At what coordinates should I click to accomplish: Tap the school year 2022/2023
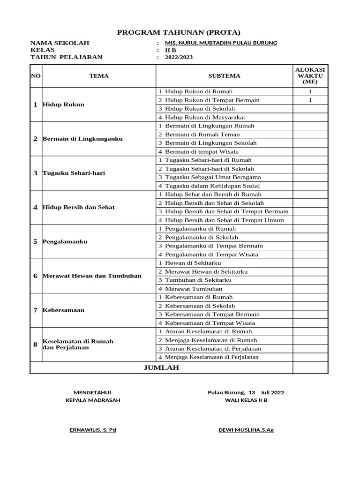coord(179,57)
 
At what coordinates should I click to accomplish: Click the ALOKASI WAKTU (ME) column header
coord(310,75)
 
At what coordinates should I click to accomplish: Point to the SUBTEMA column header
coord(224,75)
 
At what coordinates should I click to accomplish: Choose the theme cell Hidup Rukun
coord(64,104)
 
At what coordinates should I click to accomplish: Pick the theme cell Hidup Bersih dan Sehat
coord(79,207)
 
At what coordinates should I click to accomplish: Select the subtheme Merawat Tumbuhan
coord(194,289)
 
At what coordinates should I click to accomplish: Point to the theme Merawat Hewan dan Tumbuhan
coord(92,276)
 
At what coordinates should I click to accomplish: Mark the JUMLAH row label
coord(161,368)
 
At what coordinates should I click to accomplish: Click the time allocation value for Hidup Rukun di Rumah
coord(310,91)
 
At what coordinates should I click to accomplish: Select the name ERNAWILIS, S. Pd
coord(93,430)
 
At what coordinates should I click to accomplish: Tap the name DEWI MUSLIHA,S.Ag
coord(246,430)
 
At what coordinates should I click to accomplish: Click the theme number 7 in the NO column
coord(35,310)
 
